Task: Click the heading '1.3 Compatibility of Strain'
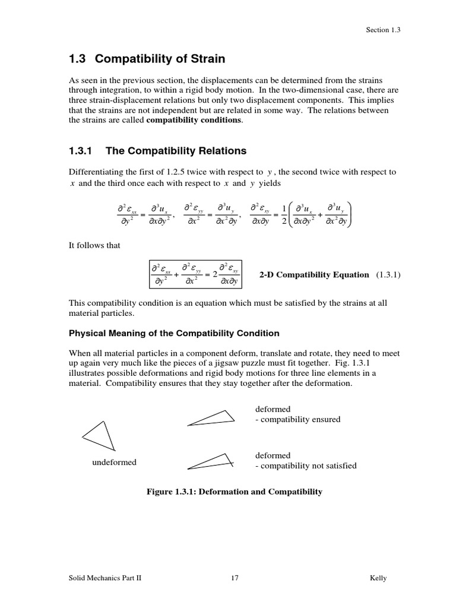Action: pos(147,59)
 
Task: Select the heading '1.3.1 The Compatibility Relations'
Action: pos(157,151)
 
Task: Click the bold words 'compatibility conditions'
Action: pos(194,119)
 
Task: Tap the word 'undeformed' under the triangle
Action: pos(114,463)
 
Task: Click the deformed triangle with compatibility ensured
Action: pos(211,418)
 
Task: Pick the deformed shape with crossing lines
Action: pos(211,461)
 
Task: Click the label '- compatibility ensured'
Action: pos(297,419)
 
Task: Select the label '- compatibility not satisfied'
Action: pos(306,465)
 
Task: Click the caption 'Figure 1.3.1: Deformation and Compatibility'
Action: pos(235,492)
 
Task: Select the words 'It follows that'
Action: pos(94,246)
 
